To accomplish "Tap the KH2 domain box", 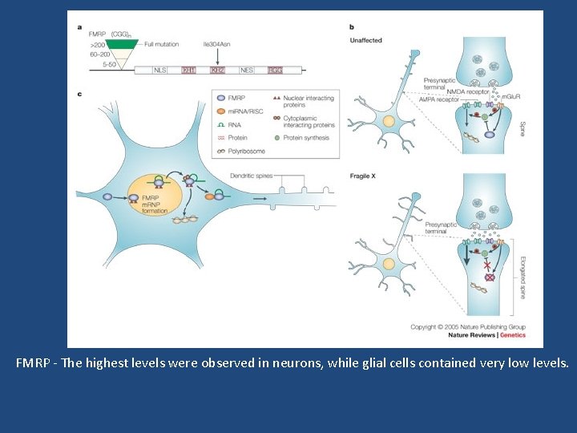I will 217,71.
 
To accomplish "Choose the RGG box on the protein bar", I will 275,71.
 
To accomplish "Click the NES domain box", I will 247,71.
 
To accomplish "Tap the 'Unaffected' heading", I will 366,39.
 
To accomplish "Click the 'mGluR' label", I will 509,96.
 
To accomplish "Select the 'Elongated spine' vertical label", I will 522,273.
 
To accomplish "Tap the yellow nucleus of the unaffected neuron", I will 389,121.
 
